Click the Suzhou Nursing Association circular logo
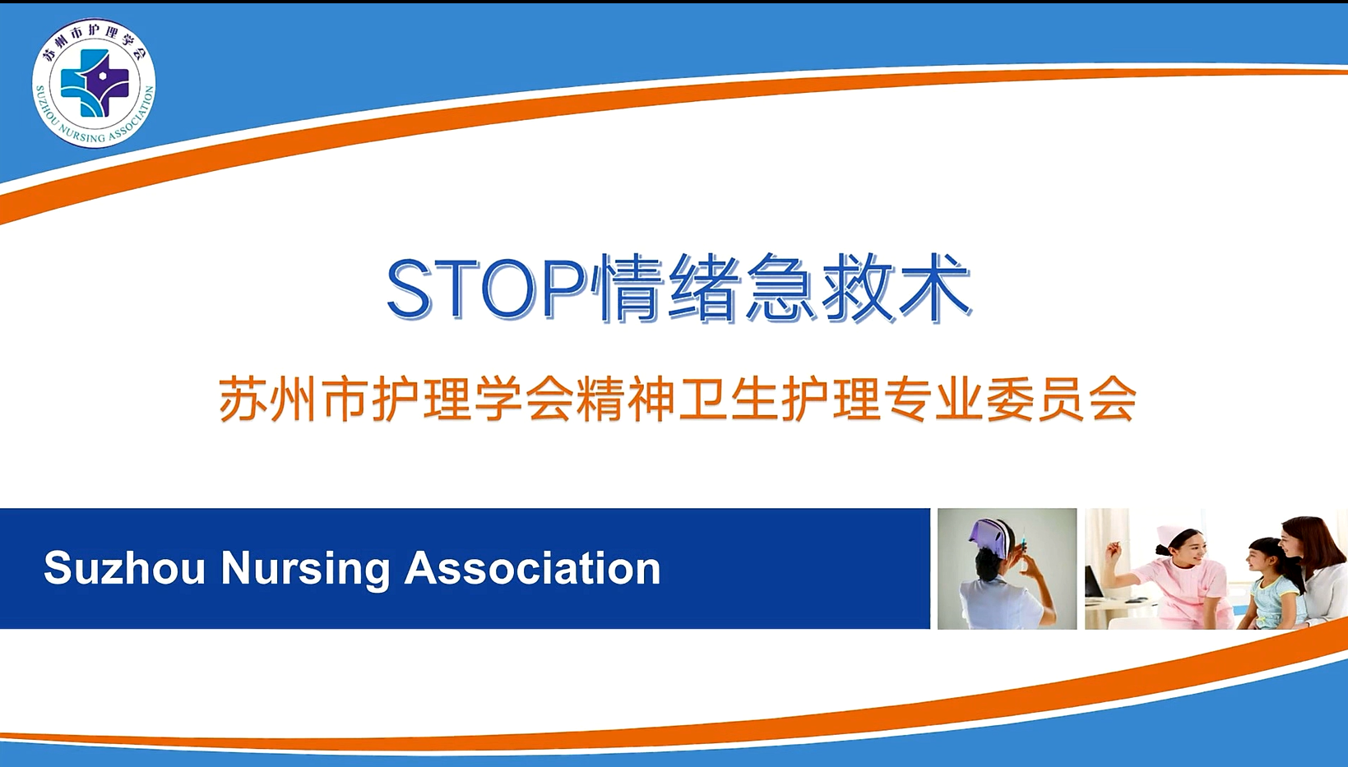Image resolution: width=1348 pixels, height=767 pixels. pyautogui.click(x=94, y=83)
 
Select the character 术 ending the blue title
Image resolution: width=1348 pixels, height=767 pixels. pyautogui.click(x=933, y=288)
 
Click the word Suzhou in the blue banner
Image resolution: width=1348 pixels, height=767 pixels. pyautogui.click(x=124, y=569)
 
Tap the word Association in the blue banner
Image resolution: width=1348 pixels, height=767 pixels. pyautogui.click(x=533, y=569)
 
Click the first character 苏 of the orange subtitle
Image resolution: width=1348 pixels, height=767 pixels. pyautogui.click(x=241, y=399)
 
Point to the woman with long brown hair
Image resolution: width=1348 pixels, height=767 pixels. pyautogui.click(x=1315, y=571)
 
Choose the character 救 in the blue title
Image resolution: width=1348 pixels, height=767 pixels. pyautogui.click(x=859, y=288)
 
